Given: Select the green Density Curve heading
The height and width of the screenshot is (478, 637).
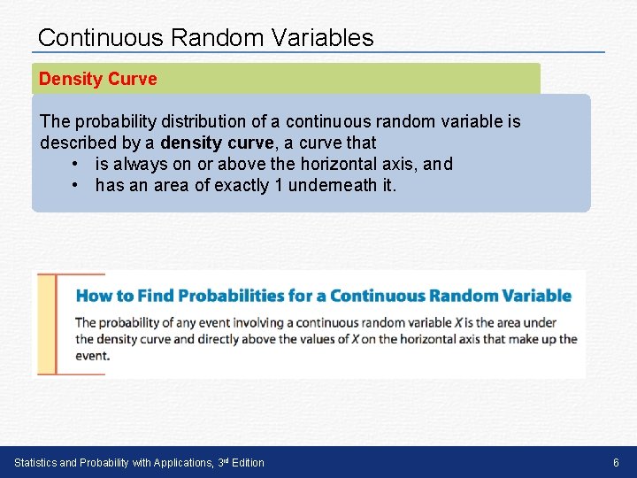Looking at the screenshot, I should [x=97, y=79].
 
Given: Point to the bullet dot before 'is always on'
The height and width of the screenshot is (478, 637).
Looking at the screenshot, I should [x=77, y=164].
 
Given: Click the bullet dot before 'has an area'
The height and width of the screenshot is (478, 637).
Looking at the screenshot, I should [x=77, y=185].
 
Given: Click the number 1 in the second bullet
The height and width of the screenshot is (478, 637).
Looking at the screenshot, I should [x=280, y=185].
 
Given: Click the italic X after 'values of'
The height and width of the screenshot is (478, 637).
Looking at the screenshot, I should [x=355, y=339].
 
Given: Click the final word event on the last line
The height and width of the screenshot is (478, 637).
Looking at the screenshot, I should [x=92, y=355].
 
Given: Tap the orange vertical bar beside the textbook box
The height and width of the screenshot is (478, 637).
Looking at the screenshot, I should [x=57, y=324].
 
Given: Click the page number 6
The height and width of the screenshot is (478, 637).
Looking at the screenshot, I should [x=617, y=463].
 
